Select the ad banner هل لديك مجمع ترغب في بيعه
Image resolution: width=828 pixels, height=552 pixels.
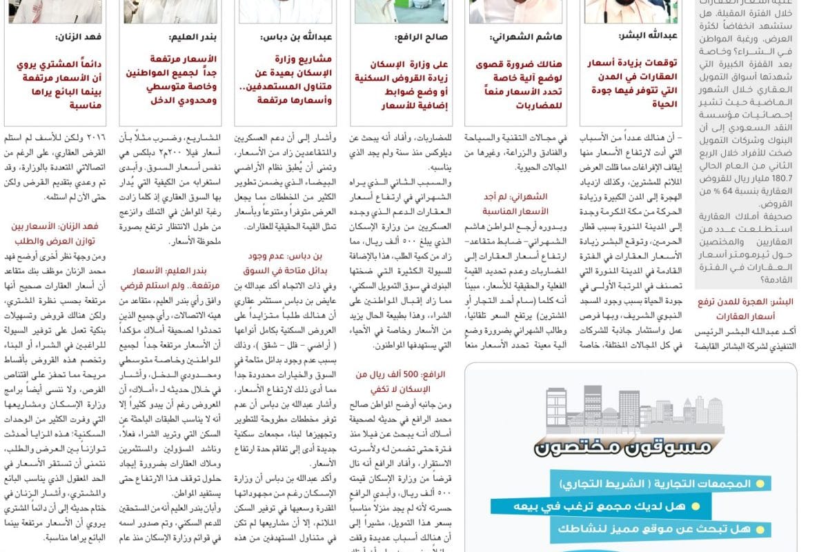[614, 507]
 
